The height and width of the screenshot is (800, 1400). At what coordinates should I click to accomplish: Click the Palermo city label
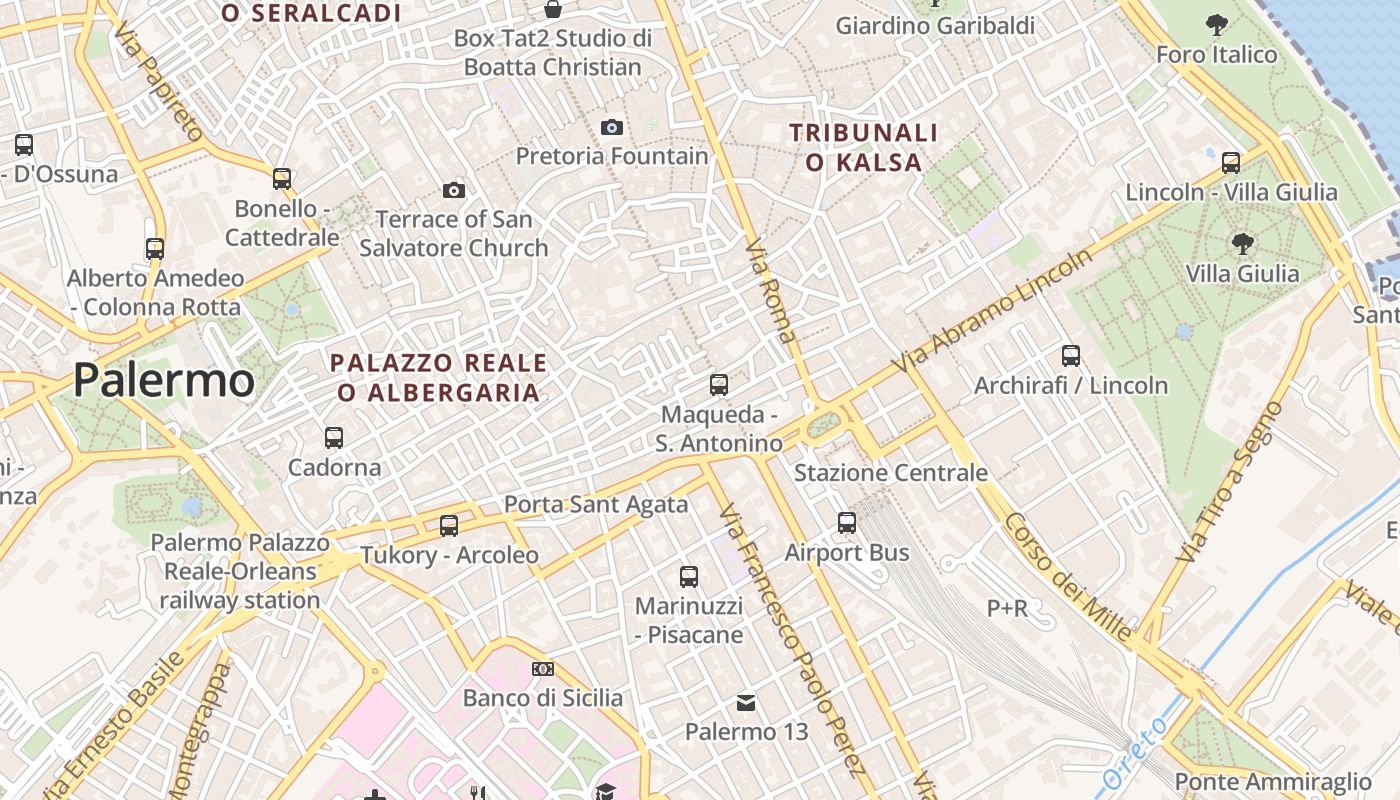coord(164,381)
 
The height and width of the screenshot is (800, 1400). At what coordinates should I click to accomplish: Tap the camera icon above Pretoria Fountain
coord(612,127)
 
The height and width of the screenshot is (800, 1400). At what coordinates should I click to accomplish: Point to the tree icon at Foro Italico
coord(1217,24)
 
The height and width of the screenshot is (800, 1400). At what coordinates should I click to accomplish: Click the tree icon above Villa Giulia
coord(1243,242)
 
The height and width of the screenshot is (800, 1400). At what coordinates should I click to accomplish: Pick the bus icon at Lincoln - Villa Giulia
coord(1231,162)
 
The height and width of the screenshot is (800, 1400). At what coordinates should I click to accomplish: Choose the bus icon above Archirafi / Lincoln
coord(1071,355)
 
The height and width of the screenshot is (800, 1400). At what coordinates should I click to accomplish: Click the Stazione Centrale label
coord(891,473)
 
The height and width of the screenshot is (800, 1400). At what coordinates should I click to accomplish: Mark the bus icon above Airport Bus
coord(847,522)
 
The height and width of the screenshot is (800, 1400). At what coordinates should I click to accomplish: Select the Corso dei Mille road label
coord(1069,578)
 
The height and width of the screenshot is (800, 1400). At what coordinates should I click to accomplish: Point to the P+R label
coord(1007,608)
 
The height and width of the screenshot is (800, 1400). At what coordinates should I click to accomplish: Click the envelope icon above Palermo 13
coord(746,703)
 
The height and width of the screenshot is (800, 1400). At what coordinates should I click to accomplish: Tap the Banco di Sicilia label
coord(543,698)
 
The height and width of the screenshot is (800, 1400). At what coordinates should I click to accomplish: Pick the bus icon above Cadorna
coord(334,437)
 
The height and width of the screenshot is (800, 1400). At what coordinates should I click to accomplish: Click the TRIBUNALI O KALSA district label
coord(864,147)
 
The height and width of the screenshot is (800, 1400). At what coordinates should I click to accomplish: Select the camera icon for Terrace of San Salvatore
coord(454,190)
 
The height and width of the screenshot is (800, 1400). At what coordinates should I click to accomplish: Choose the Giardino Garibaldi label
coord(935,26)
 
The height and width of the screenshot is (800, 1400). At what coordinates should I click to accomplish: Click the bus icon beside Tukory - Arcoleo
coord(449,525)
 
